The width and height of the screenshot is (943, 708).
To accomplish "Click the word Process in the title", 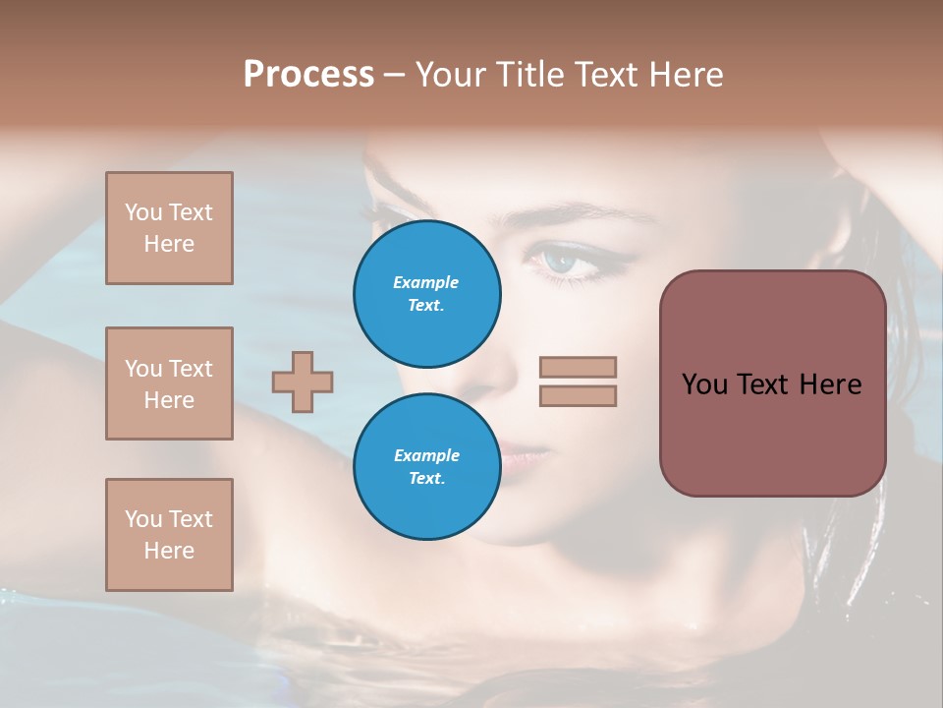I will [308, 74].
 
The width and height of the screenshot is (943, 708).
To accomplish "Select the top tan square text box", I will [169, 228].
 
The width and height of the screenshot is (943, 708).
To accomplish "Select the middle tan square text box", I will [169, 383].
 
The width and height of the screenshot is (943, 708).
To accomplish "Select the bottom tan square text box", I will [169, 535].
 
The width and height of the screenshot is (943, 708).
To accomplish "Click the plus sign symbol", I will [303, 382].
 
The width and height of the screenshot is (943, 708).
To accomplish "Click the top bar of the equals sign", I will [578, 367].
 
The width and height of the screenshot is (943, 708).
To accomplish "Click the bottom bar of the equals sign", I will [578, 395].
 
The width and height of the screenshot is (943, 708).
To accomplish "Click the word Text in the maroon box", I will [763, 384].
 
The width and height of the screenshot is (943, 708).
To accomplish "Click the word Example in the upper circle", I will [426, 282].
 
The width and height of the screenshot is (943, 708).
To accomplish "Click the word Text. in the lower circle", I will [426, 479].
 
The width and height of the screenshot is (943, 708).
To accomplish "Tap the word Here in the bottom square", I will [169, 551].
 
